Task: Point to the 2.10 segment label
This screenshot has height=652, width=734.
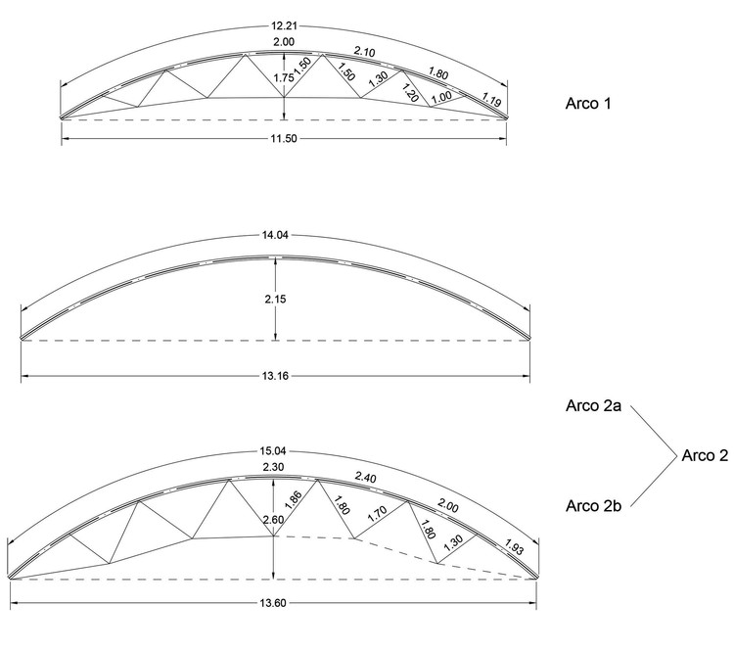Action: (363, 51)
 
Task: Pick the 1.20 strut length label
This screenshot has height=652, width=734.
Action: (410, 95)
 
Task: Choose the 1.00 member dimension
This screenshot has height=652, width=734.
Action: (441, 98)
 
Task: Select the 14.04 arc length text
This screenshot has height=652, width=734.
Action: (275, 236)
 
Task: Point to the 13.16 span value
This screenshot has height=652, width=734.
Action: (277, 374)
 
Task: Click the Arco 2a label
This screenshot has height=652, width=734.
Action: (592, 405)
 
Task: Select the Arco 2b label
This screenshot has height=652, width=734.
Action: (593, 505)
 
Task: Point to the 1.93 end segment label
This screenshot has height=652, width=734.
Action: (516, 547)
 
